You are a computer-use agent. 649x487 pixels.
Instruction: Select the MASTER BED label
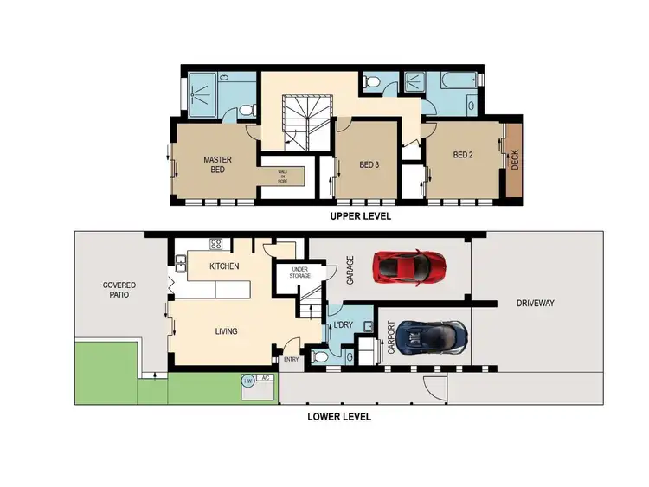coord(215,164)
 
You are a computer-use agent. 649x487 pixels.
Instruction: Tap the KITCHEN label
coord(223,266)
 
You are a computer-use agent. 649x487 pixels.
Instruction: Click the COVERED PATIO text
coord(119,290)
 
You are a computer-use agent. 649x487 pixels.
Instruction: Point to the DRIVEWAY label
coord(535,303)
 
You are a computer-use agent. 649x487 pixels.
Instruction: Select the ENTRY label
coord(291,360)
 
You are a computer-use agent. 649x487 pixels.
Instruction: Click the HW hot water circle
coord(248,380)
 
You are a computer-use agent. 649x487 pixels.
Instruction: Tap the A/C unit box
coord(266,379)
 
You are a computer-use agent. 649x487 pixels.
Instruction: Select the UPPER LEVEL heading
coord(360,217)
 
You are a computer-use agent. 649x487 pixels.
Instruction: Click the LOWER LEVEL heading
coord(339,416)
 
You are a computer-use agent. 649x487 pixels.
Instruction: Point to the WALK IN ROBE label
coord(282,176)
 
